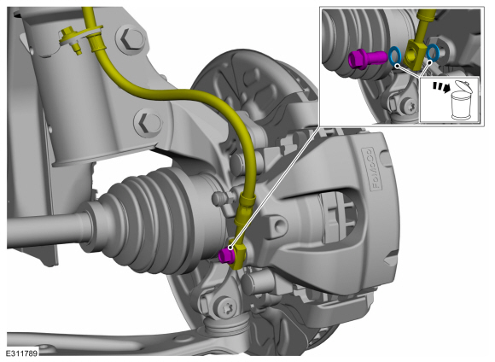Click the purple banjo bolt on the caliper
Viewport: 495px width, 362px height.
click(225, 254)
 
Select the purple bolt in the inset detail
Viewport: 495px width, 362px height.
click(367, 58)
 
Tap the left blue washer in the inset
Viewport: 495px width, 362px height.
click(395, 56)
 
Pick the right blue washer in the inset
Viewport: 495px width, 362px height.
click(432, 52)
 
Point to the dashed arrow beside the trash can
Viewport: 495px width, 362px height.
click(441, 87)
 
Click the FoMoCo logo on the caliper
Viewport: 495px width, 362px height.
click(373, 168)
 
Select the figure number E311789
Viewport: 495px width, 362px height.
click(21, 353)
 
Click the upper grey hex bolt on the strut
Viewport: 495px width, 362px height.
click(130, 39)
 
